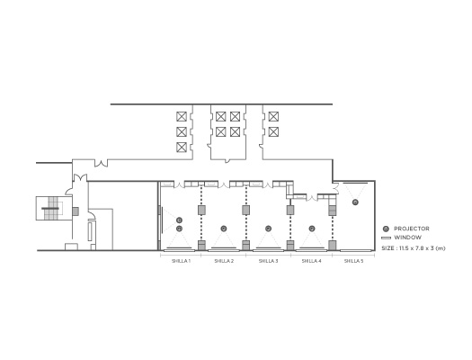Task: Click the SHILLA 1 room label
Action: (181, 261)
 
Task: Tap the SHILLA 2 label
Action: (224, 261)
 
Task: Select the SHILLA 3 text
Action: (268, 261)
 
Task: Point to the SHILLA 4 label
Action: (311, 261)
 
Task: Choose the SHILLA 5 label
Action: (353, 261)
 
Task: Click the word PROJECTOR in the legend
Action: (412, 229)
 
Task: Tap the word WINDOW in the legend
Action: (407, 238)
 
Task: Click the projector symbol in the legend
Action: (386, 229)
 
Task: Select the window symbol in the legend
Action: (386, 238)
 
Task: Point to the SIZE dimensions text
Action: (414, 248)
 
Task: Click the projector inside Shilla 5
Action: (355, 202)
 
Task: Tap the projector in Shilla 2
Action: (223, 229)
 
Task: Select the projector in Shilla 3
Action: (268, 229)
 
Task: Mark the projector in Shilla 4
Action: (312, 229)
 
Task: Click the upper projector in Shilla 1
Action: (180, 220)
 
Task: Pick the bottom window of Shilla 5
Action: (355, 250)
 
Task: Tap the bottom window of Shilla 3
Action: (268, 250)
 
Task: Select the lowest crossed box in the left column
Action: (182, 148)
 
